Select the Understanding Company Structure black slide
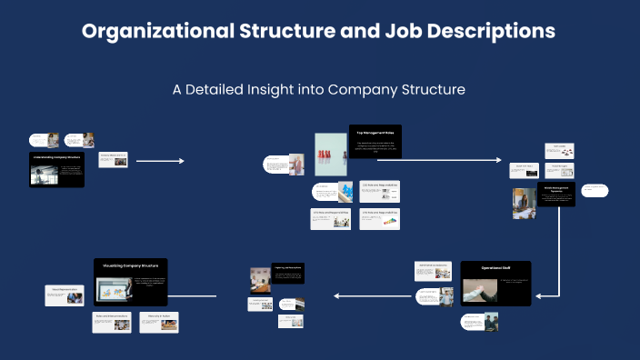56,170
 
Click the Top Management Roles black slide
375,141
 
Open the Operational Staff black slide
495,283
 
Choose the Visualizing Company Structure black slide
131,282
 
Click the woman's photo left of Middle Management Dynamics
524,204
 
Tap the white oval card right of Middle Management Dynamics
595,191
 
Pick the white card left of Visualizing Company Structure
65,295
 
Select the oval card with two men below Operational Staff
478,322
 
